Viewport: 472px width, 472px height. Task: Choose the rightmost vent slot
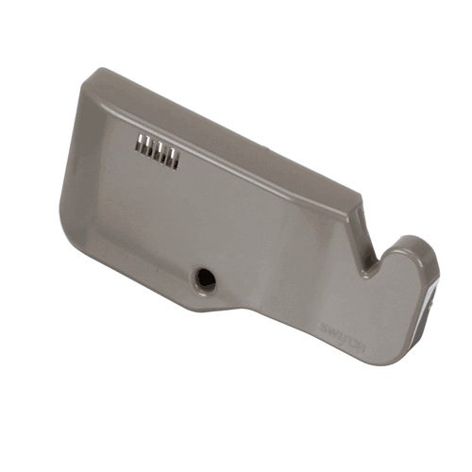pyautogui.click(x=175, y=158)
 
